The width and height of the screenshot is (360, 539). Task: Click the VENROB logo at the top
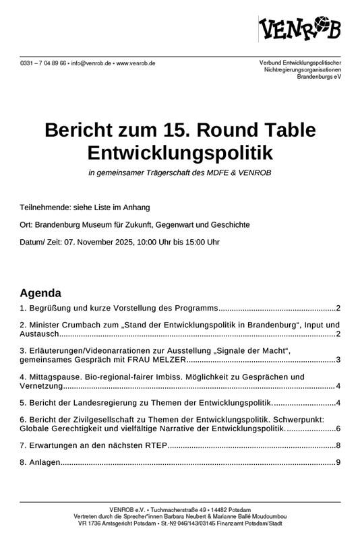pos(300,29)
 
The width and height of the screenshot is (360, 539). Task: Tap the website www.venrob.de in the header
pos(136,63)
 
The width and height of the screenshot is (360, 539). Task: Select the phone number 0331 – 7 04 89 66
pos(43,63)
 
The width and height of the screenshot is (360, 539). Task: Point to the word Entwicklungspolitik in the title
pos(180,151)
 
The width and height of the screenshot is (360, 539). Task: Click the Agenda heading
pos(40,293)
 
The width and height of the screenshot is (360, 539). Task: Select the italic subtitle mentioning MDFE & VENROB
pos(179,173)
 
